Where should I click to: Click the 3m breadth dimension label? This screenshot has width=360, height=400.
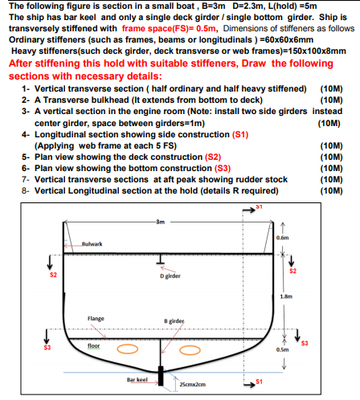(x=161, y=221)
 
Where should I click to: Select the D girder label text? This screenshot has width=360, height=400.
(x=171, y=276)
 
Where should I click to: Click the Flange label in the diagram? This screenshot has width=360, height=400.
(x=96, y=318)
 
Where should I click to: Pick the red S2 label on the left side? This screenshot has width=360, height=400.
(x=53, y=276)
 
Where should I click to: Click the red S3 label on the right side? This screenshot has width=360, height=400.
(x=304, y=345)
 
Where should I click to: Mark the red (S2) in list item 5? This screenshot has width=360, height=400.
(x=214, y=157)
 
